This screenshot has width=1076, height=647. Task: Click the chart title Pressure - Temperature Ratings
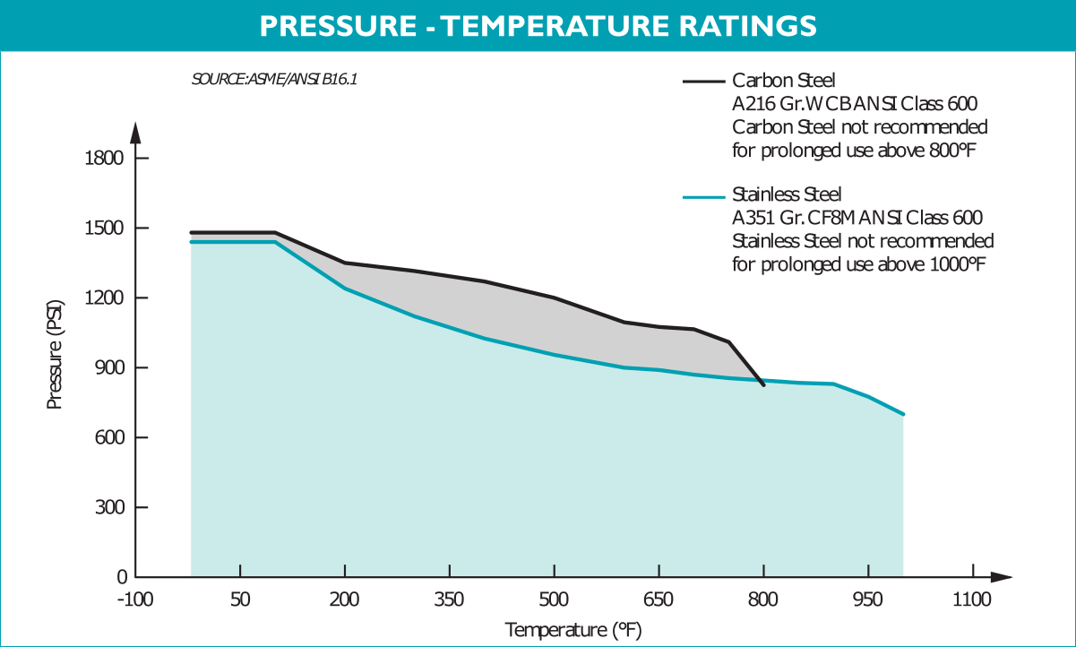[x=538, y=26]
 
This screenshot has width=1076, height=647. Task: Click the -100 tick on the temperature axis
[x=135, y=599]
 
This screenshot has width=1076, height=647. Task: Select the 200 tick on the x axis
[x=345, y=599]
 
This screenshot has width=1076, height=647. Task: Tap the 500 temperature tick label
[x=555, y=599]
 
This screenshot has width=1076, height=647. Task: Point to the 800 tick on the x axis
[x=763, y=599]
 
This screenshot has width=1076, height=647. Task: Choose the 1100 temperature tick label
[x=972, y=599]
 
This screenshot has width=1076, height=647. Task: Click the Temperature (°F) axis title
[x=572, y=630]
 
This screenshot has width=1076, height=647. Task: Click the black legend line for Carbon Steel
[x=704, y=81]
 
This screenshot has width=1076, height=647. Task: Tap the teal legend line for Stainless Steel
[x=704, y=196]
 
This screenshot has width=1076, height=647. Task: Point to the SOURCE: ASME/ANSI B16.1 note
[x=275, y=79]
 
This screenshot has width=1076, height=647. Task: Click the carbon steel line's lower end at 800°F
[x=763, y=385]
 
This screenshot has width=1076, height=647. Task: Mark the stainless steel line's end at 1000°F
[x=904, y=415]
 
